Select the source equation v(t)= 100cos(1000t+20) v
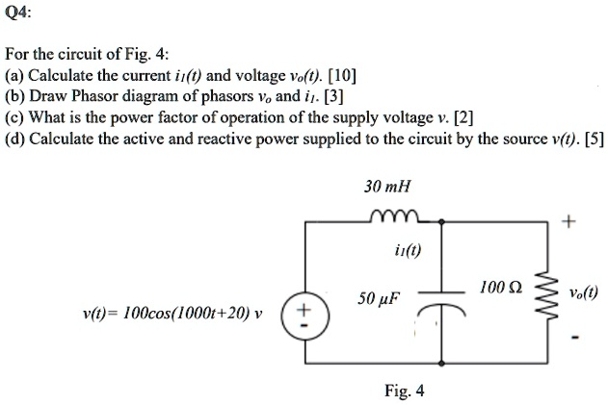tap(172, 313)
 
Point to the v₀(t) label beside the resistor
tap(584, 294)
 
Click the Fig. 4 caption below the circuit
tap(404, 391)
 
